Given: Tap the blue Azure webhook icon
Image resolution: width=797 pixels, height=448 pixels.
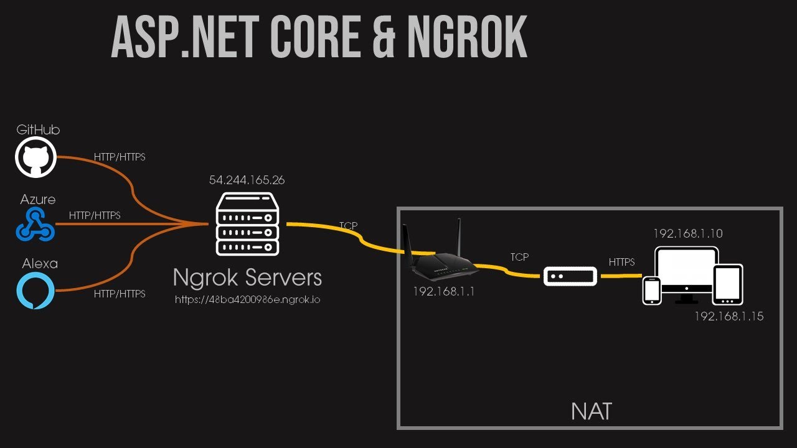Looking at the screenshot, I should tap(35, 225).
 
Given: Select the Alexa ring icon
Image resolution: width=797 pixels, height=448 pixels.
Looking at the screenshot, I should tap(35, 291).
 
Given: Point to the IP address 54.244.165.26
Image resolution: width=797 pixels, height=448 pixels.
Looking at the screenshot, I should tap(247, 180).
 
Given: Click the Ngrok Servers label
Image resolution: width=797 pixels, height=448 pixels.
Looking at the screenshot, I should tap(247, 277).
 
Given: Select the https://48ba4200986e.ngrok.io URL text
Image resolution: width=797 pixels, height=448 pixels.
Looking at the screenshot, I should tap(247, 299).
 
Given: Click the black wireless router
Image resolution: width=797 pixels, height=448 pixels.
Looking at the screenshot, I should tap(438, 255).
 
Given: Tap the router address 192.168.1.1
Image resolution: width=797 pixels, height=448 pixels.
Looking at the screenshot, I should tap(443, 291).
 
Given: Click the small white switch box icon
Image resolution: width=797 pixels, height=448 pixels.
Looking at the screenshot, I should tap(570, 276).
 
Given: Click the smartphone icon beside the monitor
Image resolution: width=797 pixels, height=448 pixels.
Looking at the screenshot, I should tap(652, 290).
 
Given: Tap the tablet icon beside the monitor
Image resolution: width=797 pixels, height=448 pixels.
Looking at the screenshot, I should tap(727, 284).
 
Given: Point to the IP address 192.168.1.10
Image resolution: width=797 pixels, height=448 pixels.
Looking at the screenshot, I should tap(687, 234).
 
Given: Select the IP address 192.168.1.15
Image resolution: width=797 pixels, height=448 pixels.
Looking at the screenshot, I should tap(729, 317).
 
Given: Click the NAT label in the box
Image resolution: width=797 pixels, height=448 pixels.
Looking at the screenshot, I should tap(591, 411).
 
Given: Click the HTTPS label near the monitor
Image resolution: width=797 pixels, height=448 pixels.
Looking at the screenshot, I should tap(621, 263).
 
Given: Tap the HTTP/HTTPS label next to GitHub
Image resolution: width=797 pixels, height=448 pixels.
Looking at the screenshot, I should tap(119, 157).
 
